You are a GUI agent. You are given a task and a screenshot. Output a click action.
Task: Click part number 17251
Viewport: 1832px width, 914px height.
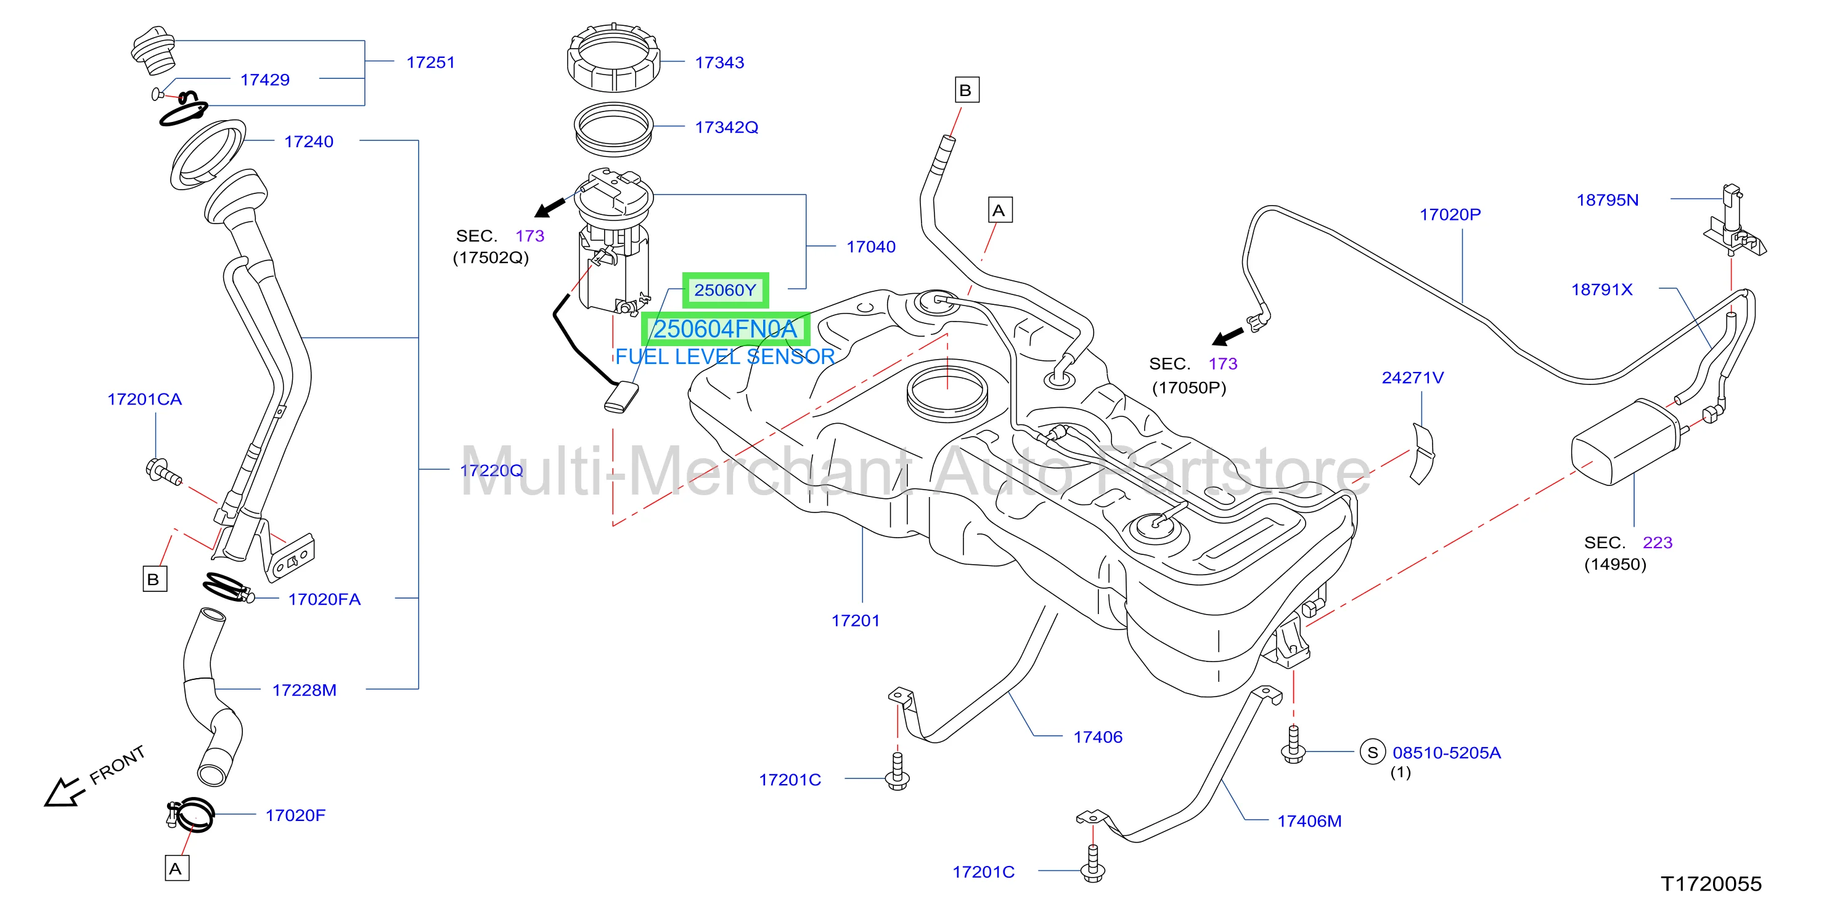click(430, 63)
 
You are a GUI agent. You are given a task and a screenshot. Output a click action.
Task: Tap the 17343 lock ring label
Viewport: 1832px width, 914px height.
click(719, 63)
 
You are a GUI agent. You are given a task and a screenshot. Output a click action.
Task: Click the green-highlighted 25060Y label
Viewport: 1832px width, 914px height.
click(726, 290)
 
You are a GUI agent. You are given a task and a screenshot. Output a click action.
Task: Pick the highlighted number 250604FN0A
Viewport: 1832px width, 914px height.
click(726, 329)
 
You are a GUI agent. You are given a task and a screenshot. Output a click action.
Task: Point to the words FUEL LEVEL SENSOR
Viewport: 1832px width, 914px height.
click(725, 357)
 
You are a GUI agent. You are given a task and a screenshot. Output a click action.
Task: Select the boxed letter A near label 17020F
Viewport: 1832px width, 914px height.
click(176, 868)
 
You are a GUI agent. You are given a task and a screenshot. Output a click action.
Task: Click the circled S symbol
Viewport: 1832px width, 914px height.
click(1373, 752)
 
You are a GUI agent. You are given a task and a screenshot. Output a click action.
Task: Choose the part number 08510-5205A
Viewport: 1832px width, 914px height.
click(1447, 753)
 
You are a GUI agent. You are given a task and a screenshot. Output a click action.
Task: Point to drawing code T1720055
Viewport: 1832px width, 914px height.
click(1711, 883)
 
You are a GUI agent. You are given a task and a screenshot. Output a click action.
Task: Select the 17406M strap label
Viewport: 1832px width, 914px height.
click(1309, 821)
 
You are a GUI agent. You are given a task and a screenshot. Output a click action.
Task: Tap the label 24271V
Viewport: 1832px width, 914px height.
click(1412, 378)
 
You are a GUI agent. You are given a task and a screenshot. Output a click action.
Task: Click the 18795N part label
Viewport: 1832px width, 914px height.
click(1607, 200)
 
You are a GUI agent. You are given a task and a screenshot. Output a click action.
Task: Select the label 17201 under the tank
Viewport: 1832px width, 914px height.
click(856, 620)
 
